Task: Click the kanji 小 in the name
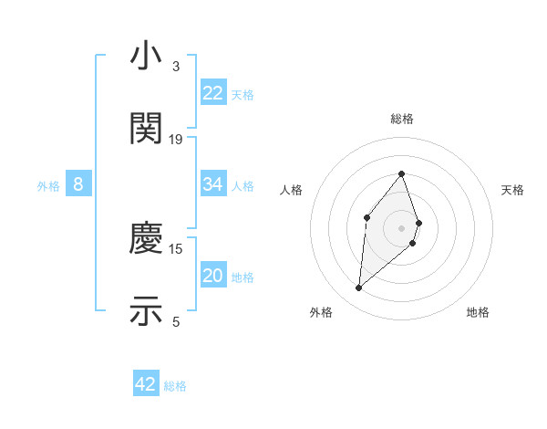tap(146, 57)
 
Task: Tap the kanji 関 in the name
tap(146, 128)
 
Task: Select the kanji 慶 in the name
tap(146, 239)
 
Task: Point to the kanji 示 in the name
tap(146, 310)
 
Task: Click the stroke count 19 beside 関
tap(176, 139)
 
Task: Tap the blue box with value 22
tap(213, 93)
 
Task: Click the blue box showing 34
tap(213, 184)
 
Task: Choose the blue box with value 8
tap(78, 184)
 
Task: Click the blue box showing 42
tap(146, 384)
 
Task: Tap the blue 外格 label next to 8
tap(48, 185)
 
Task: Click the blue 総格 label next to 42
tap(175, 386)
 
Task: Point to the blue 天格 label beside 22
tap(243, 94)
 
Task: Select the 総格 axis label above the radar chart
tap(402, 119)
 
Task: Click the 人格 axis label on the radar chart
tap(292, 190)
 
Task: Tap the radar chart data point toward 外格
tap(359, 288)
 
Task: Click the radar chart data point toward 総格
tap(402, 173)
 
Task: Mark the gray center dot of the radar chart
tap(402, 227)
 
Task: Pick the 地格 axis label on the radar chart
tap(478, 313)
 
